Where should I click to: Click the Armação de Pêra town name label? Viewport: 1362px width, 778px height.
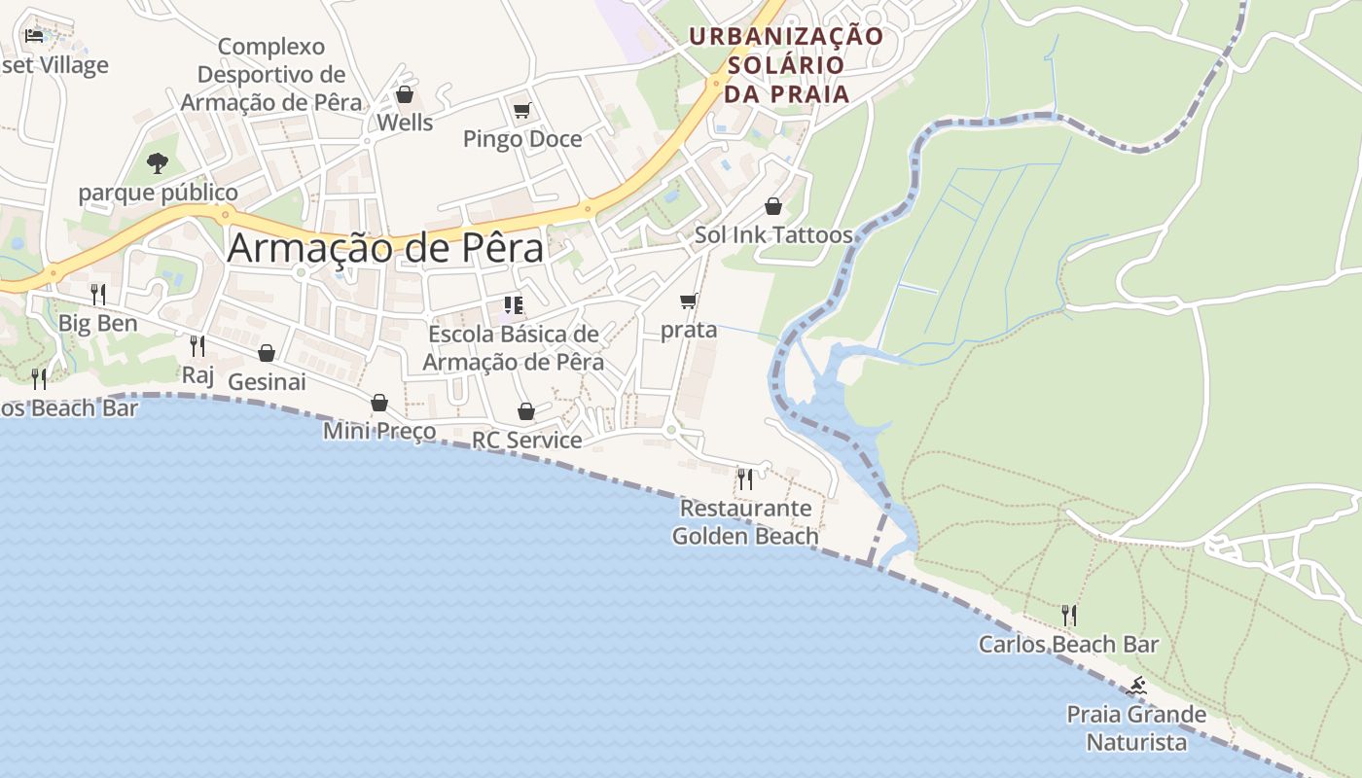pyautogui.click(x=385, y=249)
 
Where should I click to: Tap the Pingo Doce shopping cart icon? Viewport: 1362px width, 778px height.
pyautogui.click(x=522, y=110)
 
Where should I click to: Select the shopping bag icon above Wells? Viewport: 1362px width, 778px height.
pyautogui.click(x=405, y=94)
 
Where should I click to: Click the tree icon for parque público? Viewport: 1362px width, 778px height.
pyautogui.click(x=158, y=162)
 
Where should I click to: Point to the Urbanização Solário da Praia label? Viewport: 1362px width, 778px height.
pyautogui.click(x=786, y=65)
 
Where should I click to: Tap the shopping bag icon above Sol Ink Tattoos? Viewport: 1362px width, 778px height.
pyautogui.click(x=773, y=206)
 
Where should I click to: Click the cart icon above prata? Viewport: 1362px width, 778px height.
pyautogui.click(x=689, y=301)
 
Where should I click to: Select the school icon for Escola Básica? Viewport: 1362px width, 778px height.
pyautogui.click(x=514, y=305)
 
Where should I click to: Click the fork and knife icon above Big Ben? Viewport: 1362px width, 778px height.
pyautogui.click(x=98, y=294)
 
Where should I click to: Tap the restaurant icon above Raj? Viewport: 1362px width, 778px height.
pyautogui.click(x=197, y=345)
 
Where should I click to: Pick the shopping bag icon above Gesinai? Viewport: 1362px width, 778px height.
pyautogui.click(x=267, y=353)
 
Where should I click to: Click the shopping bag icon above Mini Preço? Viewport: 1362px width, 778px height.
pyautogui.click(x=379, y=403)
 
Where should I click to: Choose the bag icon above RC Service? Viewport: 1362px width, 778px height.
pyautogui.click(x=526, y=411)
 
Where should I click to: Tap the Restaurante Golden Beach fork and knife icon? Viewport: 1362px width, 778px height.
pyautogui.click(x=745, y=478)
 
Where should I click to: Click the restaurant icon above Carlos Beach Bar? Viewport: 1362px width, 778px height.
pyautogui.click(x=1069, y=615)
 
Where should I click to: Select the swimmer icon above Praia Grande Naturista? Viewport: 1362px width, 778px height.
pyautogui.click(x=1136, y=687)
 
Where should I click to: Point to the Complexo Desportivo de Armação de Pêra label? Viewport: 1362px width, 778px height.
pyautogui.click(x=271, y=74)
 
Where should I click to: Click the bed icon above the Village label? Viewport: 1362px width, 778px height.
pyautogui.click(x=34, y=35)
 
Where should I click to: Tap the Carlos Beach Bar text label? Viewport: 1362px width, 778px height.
pyautogui.click(x=1068, y=644)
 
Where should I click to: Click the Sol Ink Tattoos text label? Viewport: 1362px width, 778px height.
pyautogui.click(x=773, y=234)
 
